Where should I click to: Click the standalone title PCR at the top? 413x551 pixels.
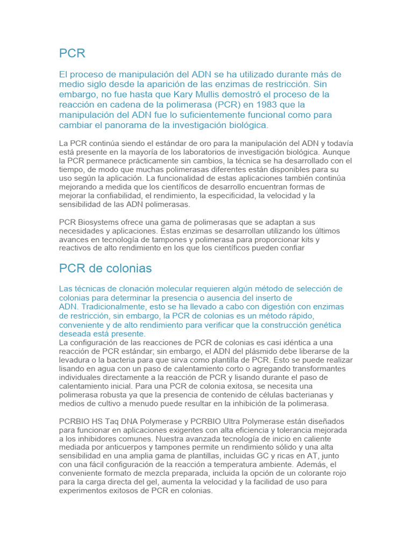pos(72,53)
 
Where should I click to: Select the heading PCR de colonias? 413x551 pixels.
pos(105,268)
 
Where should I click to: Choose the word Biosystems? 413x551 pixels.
pos(102,222)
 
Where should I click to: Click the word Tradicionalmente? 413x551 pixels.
pos(112,307)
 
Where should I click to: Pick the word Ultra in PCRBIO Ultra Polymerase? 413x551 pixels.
pos(255,421)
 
